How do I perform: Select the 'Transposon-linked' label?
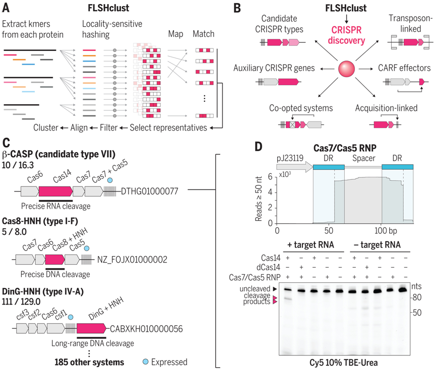click(x=409, y=23)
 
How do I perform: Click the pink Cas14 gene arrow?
click(x=55, y=191)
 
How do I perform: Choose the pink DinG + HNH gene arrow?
click(x=91, y=329)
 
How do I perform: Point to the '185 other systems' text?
click(x=90, y=361)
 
